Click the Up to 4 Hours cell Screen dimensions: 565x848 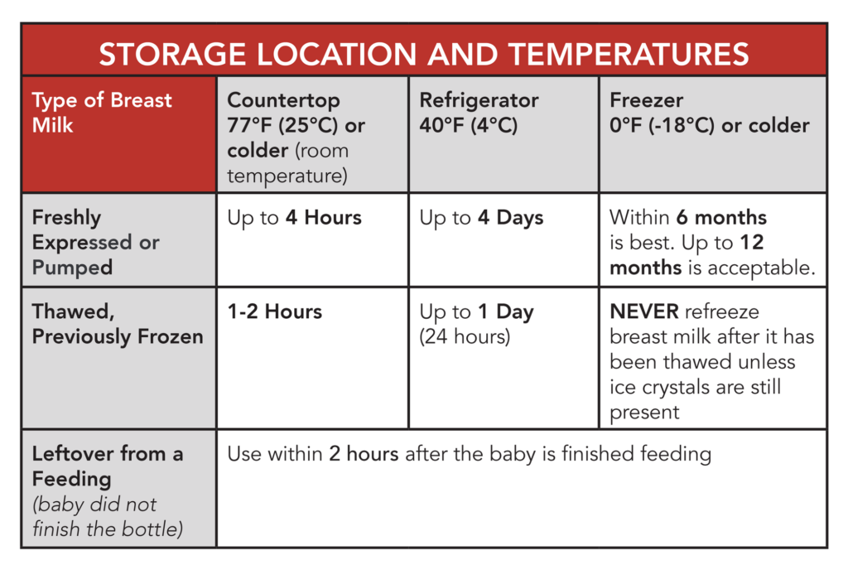click(x=294, y=218)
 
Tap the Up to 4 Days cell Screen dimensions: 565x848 click(x=481, y=218)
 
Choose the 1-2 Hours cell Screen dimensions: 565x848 click(x=274, y=312)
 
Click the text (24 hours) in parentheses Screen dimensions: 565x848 click(x=464, y=337)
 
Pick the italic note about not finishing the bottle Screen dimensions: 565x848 click(x=107, y=516)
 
